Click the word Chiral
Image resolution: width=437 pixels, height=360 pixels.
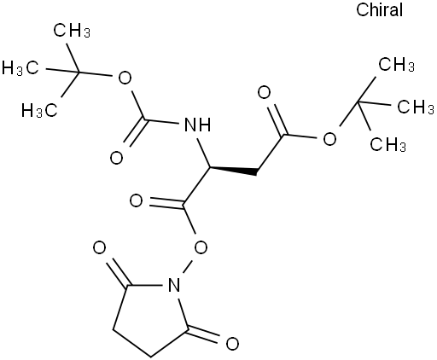[x=379, y=10]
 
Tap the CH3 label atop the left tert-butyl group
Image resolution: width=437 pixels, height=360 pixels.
[x=72, y=31]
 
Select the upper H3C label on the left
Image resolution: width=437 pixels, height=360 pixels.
[x=20, y=68]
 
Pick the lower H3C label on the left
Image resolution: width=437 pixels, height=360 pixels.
[x=39, y=110]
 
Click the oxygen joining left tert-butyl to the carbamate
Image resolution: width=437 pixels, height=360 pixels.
[x=125, y=78]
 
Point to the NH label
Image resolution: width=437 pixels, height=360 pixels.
[x=198, y=125]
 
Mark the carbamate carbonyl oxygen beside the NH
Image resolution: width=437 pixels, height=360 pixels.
[x=116, y=158]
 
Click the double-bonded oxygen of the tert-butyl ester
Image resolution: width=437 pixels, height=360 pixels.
[x=264, y=93]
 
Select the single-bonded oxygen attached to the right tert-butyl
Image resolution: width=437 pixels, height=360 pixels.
[x=329, y=139]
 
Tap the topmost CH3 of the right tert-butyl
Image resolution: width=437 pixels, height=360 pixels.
[x=396, y=64]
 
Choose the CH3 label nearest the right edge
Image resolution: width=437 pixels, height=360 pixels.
[x=416, y=107]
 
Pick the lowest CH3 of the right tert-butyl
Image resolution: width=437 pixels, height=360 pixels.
[x=388, y=144]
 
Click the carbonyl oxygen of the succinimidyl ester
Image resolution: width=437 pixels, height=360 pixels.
[x=136, y=200]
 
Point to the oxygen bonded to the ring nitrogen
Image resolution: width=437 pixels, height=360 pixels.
[x=201, y=247]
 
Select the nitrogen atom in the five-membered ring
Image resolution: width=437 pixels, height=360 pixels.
[x=174, y=285]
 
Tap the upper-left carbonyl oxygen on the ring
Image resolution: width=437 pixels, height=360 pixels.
[x=99, y=248]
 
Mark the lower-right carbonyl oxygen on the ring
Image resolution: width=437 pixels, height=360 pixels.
[x=232, y=344]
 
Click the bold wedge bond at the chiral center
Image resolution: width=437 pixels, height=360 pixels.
[x=233, y=171]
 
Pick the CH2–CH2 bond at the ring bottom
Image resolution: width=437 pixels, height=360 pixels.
[x=131, y=343]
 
